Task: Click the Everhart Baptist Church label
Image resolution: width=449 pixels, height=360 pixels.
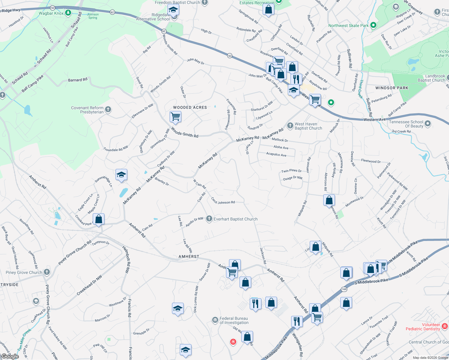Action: [235, 219]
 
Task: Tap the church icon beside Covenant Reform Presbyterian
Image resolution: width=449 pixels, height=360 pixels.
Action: [108, 109]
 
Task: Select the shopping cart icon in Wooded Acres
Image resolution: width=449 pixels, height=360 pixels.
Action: [175, 116]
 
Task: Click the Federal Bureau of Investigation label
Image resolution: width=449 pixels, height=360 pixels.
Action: [234, 320]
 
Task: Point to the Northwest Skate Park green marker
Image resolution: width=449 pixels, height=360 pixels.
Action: [373, 25]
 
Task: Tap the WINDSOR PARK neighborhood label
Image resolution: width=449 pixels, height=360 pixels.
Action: [392, 88]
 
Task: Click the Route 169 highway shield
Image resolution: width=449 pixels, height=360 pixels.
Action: [344, 289]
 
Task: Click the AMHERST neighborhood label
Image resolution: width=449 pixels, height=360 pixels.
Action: [189, 256]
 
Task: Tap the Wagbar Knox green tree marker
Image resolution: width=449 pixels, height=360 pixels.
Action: [68, 13]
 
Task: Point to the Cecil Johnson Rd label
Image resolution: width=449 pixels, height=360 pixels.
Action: [223, 201]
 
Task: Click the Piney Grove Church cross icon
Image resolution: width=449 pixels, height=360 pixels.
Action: [47, 272]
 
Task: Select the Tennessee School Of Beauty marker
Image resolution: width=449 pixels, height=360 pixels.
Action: [428, 124]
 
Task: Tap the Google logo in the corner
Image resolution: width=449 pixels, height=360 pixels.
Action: [10, 356]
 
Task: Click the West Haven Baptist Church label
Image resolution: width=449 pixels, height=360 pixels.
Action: [308, 126]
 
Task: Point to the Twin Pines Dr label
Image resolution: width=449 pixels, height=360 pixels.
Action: [291, 171]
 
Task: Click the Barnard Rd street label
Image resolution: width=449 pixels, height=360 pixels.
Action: [78, 80]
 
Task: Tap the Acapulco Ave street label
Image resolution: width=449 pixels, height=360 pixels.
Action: [276, 154]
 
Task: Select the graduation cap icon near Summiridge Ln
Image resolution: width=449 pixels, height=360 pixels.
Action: [121, 175]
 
